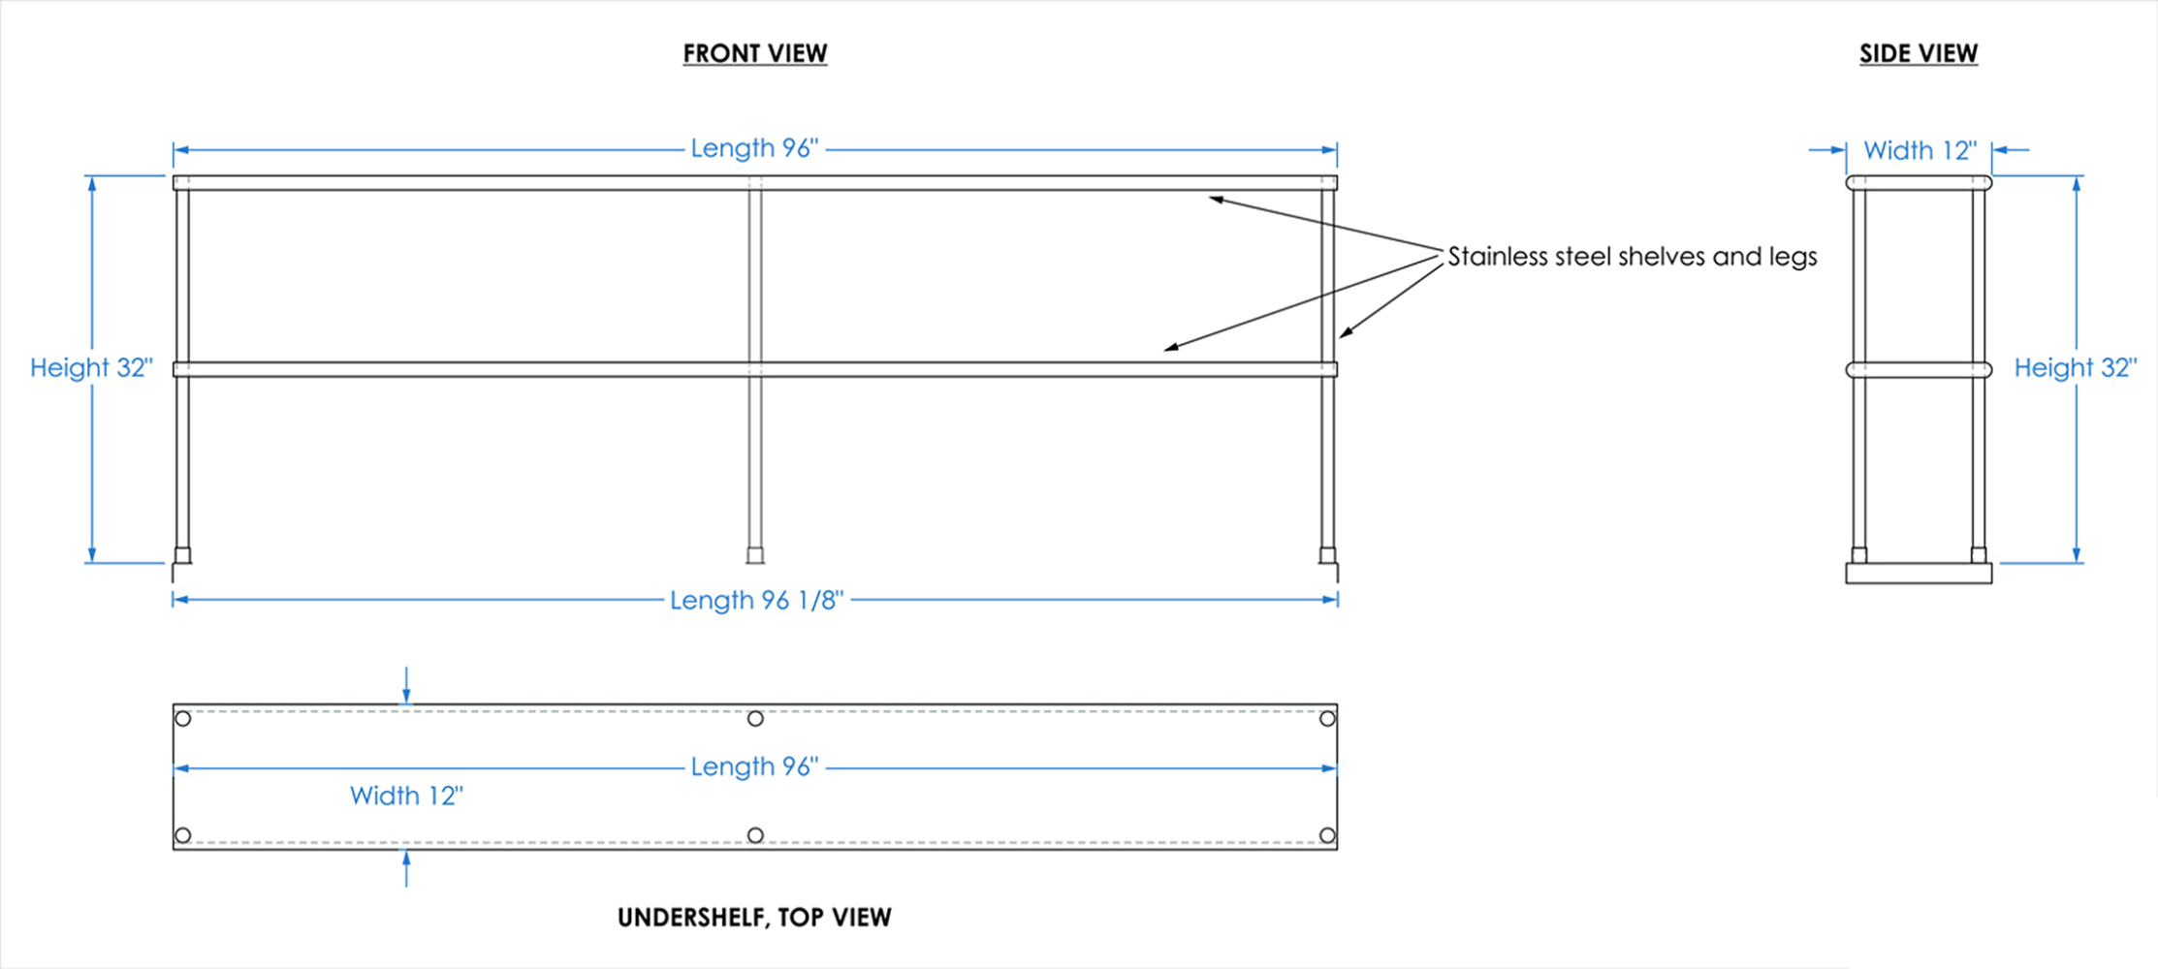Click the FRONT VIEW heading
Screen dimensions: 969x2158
point(754,53)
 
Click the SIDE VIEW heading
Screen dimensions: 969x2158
point(1918,53)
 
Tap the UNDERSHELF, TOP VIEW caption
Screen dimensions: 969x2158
point(754,917)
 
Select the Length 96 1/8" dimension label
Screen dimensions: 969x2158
point(756,600)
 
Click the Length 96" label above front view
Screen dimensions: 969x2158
point(754,148)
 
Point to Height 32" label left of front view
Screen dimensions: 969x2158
point(91,368)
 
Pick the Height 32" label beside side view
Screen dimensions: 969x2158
point(2075,368)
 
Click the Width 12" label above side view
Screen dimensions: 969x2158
point(1920,151)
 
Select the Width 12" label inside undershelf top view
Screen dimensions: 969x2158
point(406,796)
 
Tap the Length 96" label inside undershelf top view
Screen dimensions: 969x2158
point(754,766)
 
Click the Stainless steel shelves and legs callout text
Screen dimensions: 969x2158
point(1632,257)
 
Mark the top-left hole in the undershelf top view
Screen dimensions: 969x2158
point(183,719)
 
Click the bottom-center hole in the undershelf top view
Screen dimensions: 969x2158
point(755,835)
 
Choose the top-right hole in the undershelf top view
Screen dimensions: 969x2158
point(1327,719)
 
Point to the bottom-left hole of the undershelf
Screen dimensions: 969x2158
point(183,835)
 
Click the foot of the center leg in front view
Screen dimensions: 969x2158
point(755,555)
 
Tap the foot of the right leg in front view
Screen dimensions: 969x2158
point(1327,555)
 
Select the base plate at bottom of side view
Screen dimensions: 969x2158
point(1918,574)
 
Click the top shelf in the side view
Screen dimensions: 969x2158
point(1918,182)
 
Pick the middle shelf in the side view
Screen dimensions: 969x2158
point(1918,369)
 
